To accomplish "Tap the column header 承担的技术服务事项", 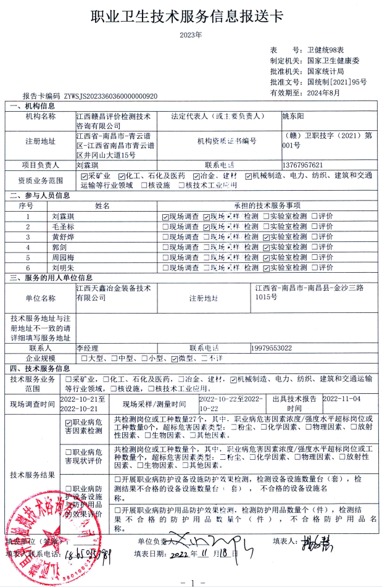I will pyautogui.click(x=266, y=206).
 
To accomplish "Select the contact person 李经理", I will pyautogui.click(x=87, y=348).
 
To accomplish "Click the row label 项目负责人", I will pyautogui.click(x=40, y=165).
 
